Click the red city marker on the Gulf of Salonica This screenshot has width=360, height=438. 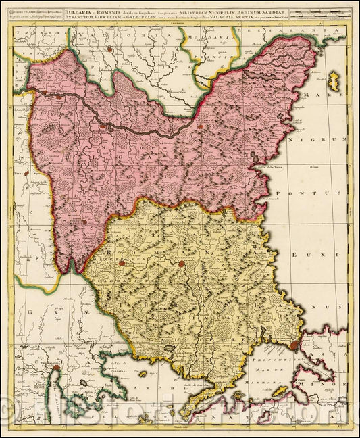pyautogui.click(x=57, y=368)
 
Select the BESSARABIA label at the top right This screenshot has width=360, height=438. pyautogui.click(x=270, y=32)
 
